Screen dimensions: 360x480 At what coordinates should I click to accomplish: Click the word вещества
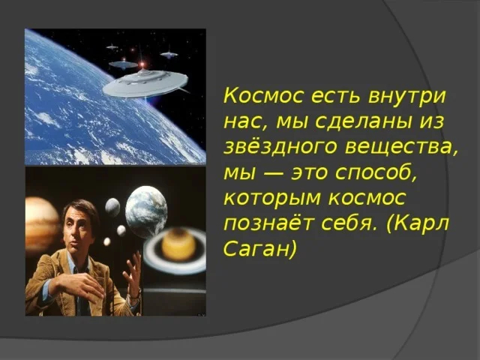coord(397,146)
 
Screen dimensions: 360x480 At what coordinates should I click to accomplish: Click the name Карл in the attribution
coord(423,223)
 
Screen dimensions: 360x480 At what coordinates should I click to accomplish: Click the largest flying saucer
coord(145,82)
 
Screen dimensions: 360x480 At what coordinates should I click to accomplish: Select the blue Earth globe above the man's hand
coord(145,211)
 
